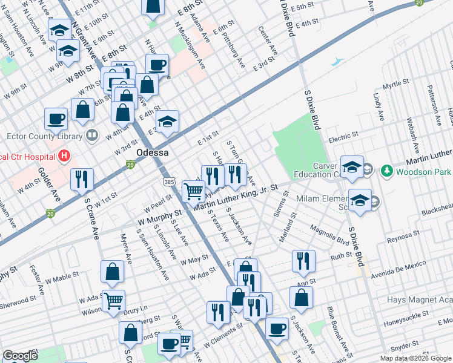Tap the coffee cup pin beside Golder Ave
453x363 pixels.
pyautogui.click(x=56, y=119)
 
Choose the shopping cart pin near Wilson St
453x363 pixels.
pyautogui.click(x=113, y=300)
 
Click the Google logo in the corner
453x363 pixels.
pyautogui.click(x=20, y=356)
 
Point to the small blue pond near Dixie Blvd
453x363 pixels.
pyautogui.click(x=337, y=62)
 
